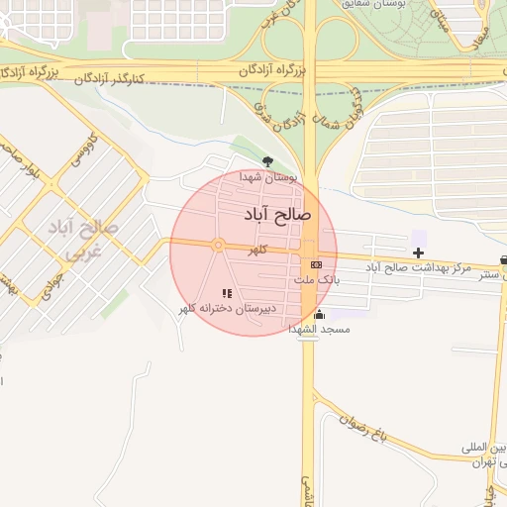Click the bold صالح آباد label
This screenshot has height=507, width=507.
pos(276,213)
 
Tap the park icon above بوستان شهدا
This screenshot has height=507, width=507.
pos(265,159)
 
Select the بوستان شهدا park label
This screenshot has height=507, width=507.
pos(268,176)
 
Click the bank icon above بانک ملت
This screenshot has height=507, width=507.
pos(316,264)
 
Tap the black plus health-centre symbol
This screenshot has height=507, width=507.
pos(419,253)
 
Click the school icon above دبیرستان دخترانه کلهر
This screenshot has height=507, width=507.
pos(227,293)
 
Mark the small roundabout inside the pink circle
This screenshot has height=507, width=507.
pos(217,245)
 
